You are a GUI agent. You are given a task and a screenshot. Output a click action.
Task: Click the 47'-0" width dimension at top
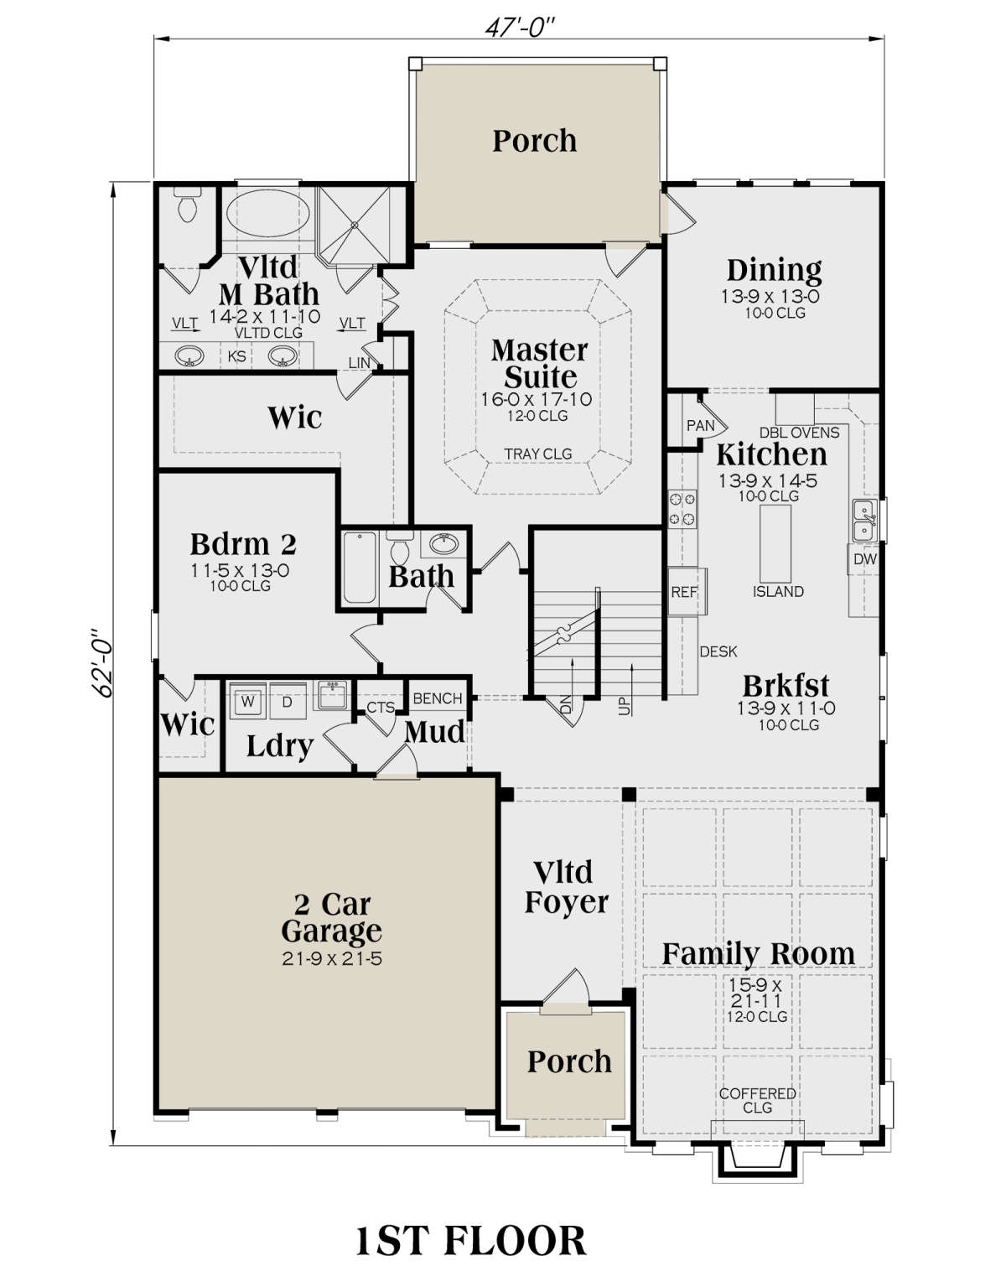(520, 27)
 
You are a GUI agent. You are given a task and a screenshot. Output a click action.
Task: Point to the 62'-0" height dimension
(105, 664)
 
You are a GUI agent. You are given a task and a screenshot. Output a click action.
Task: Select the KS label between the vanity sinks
(236, 356)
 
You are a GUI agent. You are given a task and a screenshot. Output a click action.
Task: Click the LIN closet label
(359, 363)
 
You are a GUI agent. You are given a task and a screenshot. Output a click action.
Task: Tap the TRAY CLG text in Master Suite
(537, 454)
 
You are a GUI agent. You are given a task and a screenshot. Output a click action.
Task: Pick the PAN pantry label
(700, 425)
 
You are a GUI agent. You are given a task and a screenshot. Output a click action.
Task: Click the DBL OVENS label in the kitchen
(799, 433)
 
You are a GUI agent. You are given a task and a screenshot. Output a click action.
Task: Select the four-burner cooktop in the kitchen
(682, 509)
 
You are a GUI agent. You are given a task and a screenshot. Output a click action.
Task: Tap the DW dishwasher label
(865, 559)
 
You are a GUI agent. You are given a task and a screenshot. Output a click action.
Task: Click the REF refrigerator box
(687, 591)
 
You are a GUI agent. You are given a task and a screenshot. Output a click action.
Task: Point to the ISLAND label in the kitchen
(778, 591)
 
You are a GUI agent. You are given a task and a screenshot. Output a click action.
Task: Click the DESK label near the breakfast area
(718, 651)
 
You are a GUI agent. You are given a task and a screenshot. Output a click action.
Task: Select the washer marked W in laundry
(247, 701)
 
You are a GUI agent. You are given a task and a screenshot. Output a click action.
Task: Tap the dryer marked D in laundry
(287, 701)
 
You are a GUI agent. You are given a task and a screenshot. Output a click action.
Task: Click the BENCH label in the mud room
(437, 698)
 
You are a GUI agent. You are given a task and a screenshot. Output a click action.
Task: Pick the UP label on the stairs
(624, 705)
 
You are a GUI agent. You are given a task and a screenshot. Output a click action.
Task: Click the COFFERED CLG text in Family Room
(757, 1100)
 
